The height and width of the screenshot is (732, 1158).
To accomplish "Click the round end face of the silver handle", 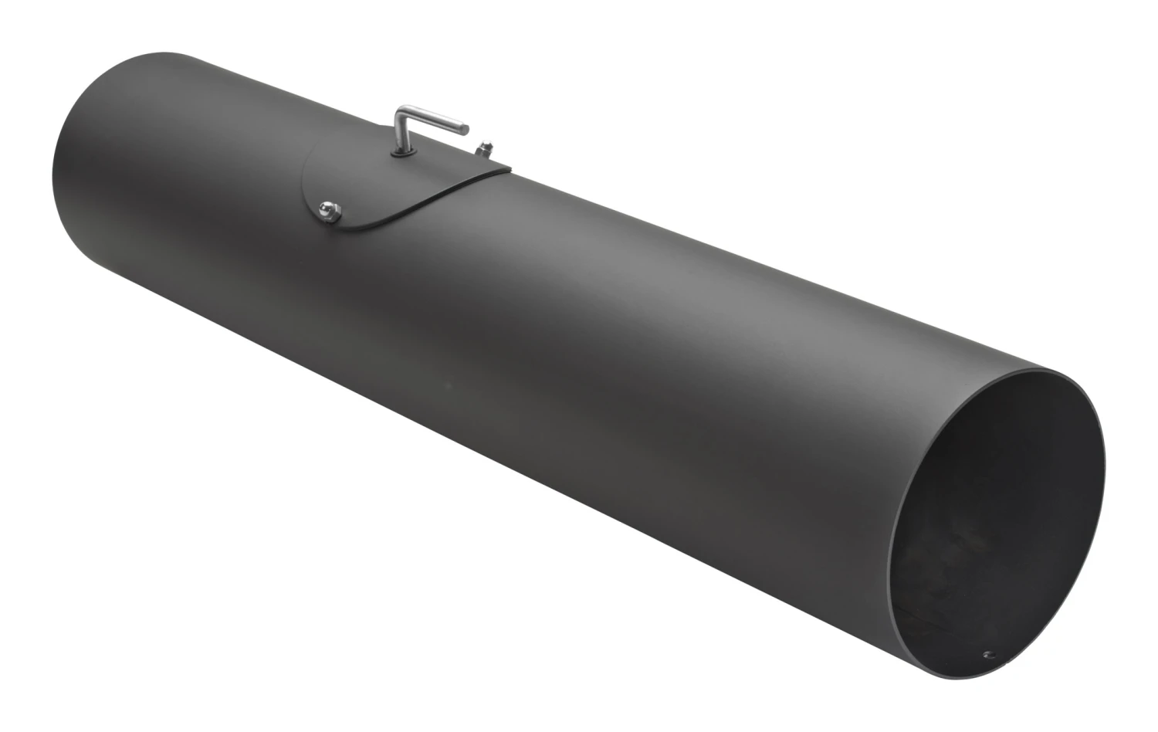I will point(466,127).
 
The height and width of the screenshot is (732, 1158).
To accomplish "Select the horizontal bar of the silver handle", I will point(432,120).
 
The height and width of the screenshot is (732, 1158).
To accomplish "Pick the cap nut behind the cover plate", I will point(487,147).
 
